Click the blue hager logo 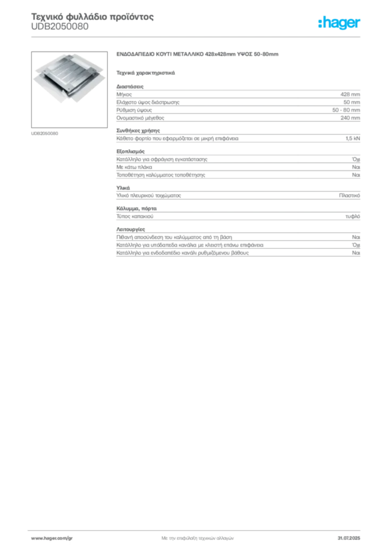pos(340,24)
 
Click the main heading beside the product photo pos(199,55)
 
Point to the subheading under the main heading pos(146,72)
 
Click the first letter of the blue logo pos(320,24)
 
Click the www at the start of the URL pos(35,537)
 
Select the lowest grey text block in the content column pos(237,244)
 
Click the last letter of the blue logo pos(360,24)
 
